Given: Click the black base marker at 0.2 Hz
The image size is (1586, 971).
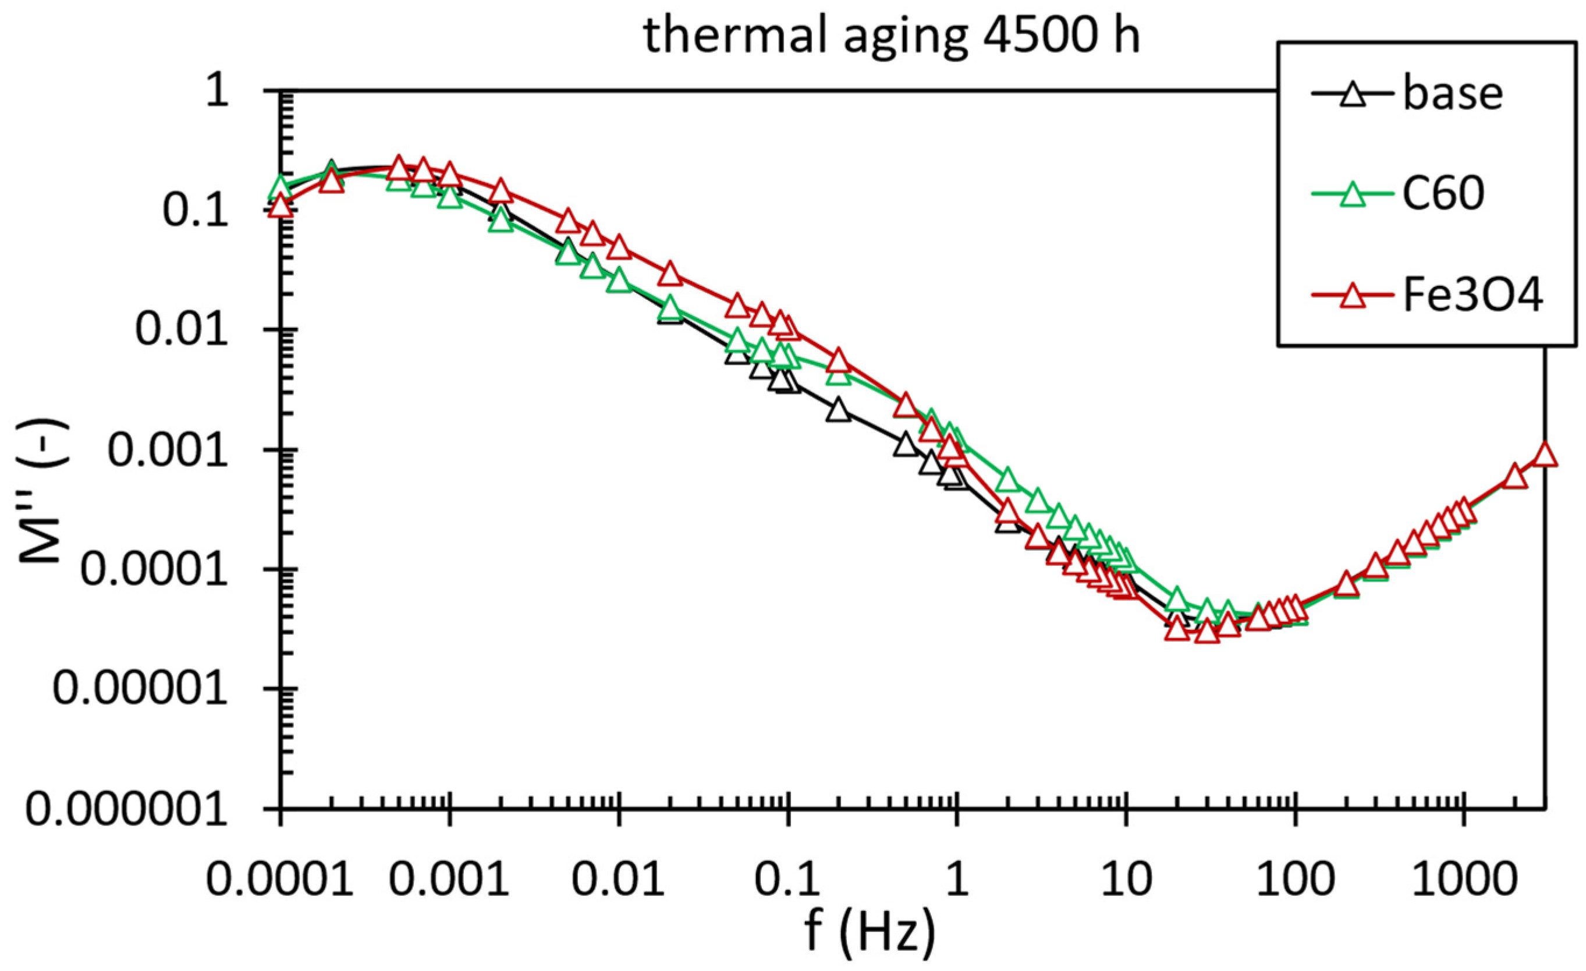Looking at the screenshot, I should click(839, 411).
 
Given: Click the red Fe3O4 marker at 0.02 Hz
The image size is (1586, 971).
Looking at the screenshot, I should click(670, 274).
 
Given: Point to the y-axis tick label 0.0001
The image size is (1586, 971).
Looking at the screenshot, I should click(154, 570).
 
